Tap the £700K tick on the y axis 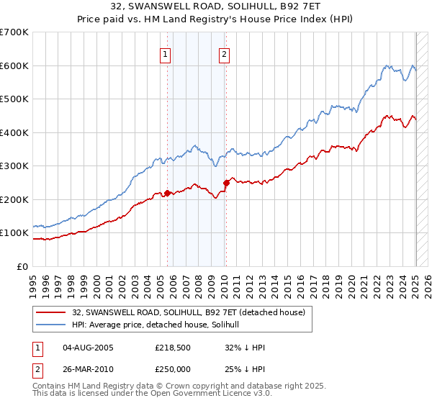14,32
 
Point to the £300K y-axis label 14,166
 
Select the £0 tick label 22,266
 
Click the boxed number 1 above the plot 166,54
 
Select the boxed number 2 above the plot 225,54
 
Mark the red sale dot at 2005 168,193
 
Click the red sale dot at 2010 226,183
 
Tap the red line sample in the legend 51,312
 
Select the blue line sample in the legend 51,325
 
